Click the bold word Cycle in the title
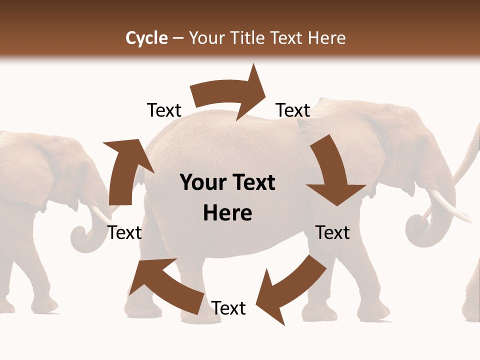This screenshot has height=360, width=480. [x=146, y=38]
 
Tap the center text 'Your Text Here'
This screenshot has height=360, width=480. [x=227, y=198]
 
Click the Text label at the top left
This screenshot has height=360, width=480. [x=164, y=110]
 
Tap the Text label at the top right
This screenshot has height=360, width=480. [x=293, y=110]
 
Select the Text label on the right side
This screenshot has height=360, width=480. [x=332, y=232]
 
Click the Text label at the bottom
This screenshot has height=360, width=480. [x=228, y=308]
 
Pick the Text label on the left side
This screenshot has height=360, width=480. [x=125, y=232]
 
